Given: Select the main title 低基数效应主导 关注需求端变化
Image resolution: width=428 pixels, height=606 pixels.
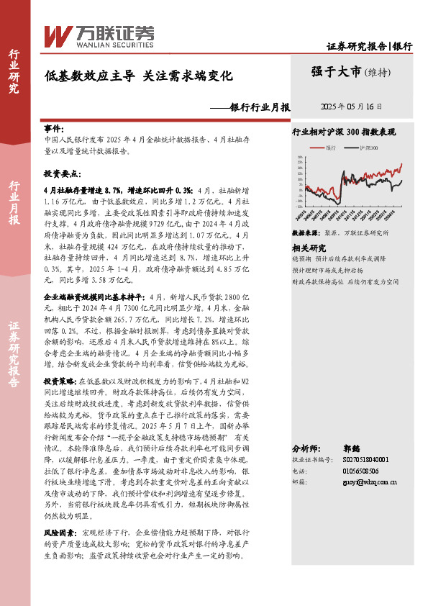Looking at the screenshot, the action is coord(139,74).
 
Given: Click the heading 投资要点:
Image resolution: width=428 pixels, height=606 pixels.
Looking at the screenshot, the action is coord(60,174).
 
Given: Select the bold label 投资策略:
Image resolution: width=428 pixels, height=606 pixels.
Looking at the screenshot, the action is coord(58,381).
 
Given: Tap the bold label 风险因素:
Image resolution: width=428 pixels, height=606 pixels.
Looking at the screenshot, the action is coord(58,533).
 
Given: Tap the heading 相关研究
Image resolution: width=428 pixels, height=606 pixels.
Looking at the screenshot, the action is coord(308,246).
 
